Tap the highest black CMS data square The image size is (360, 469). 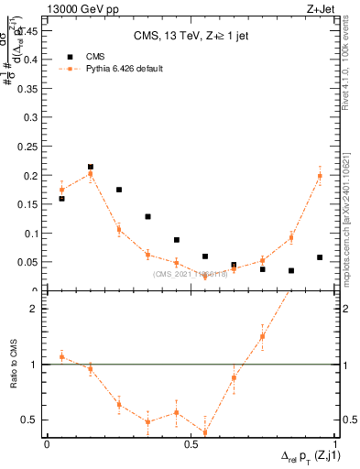pos(91,167)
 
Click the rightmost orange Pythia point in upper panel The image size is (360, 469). pos(320,176)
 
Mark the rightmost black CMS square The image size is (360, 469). pos(320,257)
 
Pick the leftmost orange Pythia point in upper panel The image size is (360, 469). pos(61,190)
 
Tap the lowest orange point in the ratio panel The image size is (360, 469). pos(205,432)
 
